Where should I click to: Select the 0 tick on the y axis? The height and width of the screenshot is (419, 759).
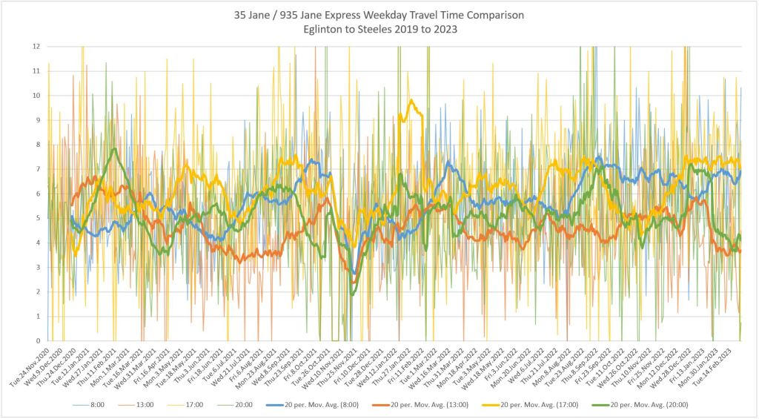click(36, 341)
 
